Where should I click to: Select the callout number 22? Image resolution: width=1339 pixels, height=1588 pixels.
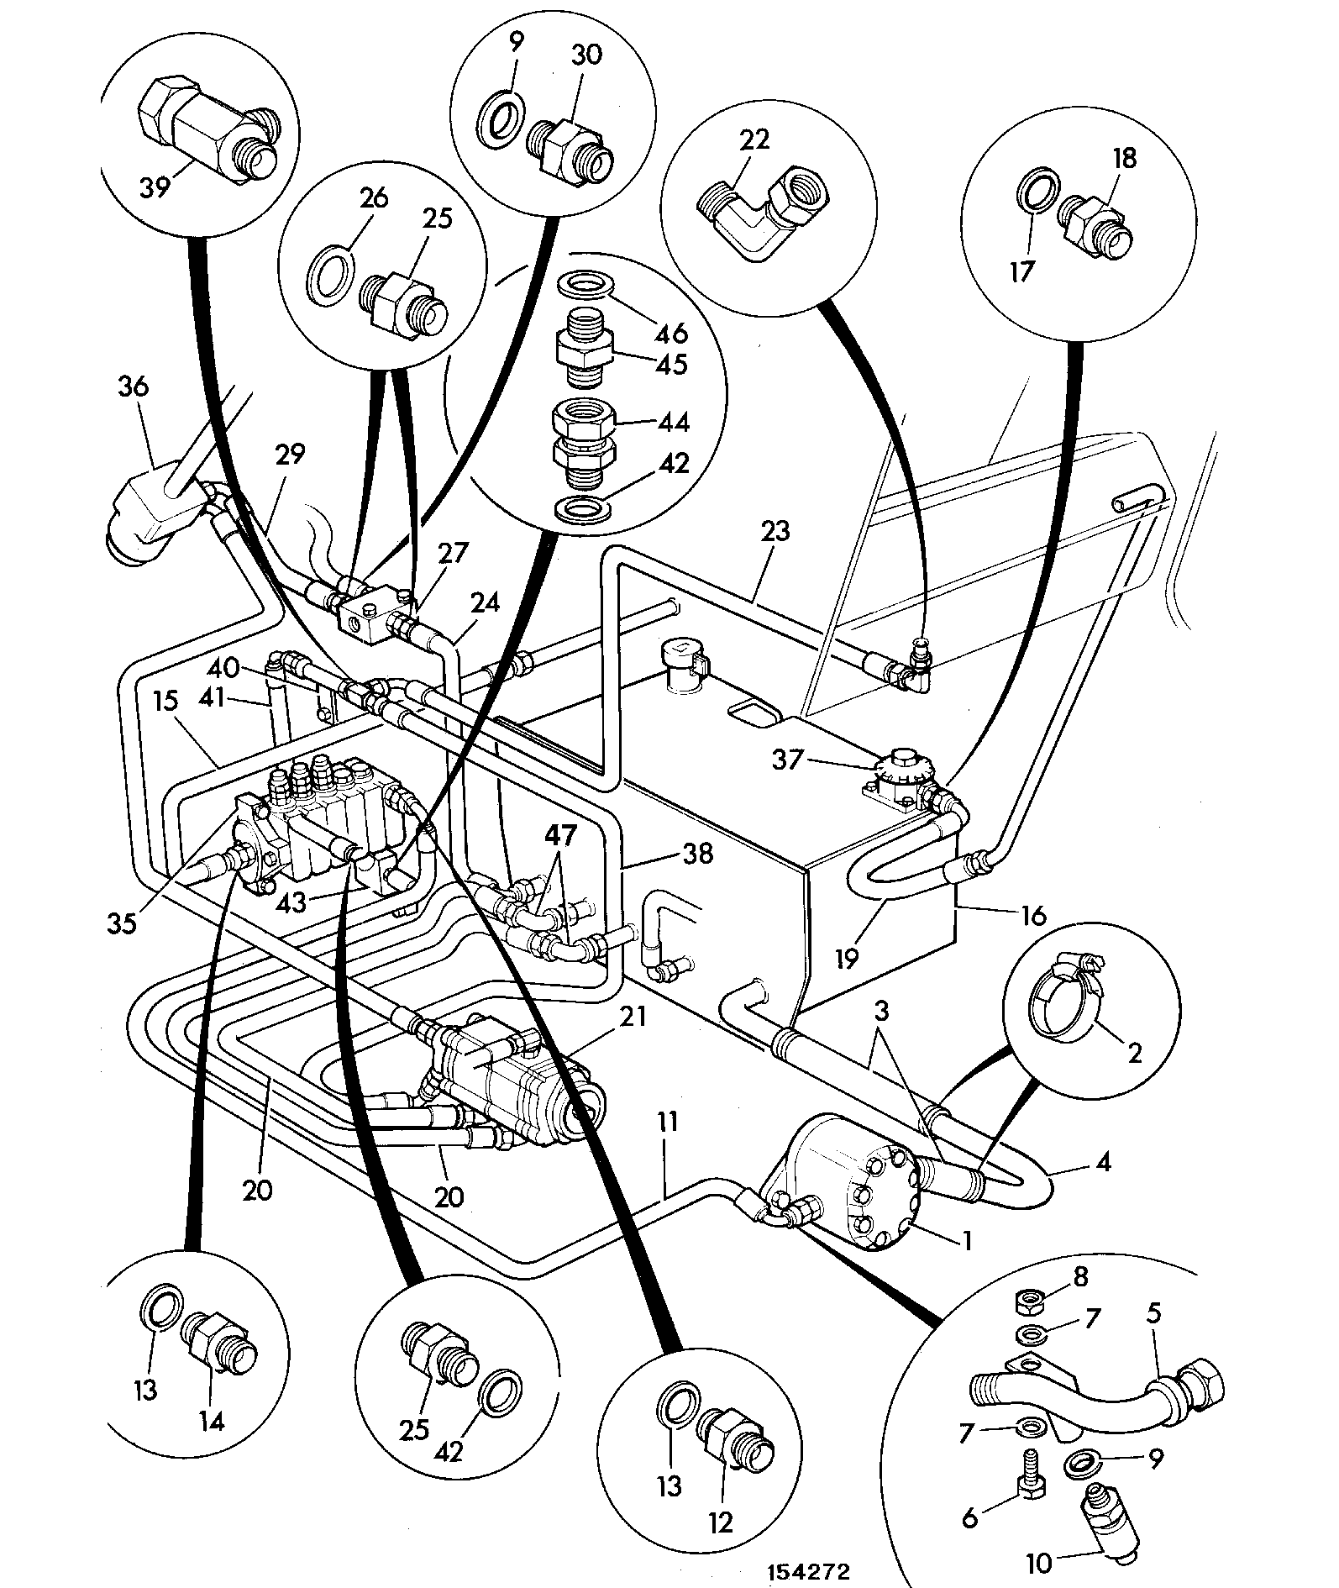754,139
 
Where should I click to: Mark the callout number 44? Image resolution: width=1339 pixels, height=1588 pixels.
673,422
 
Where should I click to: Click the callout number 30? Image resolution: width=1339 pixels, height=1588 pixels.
588,55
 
